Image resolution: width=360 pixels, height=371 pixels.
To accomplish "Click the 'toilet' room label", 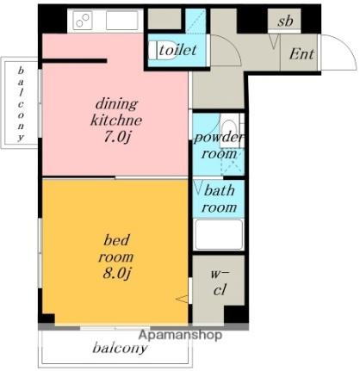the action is pos(177,50).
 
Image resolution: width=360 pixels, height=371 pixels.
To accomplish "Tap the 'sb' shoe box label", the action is pos(285,21).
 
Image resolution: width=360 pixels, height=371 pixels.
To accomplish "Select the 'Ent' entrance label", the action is pos(301,53).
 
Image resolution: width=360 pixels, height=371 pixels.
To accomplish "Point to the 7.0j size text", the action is pos(116,138).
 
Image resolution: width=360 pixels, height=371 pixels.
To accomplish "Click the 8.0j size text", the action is pos(116,274).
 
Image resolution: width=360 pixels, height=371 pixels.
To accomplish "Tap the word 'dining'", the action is pos(116,104).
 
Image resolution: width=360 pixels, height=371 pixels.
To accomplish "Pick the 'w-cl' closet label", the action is pos(220,281).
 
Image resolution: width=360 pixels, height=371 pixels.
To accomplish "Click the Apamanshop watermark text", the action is pos(180,335).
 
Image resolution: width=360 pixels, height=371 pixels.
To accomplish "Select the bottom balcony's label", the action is pos(120,348).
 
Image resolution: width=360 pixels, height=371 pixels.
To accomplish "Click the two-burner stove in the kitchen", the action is pos(83,20).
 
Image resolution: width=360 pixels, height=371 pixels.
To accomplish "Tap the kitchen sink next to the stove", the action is pos(121,21).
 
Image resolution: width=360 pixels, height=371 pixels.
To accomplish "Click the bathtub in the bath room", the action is pos(218,234).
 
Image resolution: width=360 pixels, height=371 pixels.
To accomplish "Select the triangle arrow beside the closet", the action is pos(182,299).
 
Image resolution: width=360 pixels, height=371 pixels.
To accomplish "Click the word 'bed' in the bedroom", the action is pos(116,240).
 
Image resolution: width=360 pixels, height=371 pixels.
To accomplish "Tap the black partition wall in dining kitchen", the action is pos(75,60).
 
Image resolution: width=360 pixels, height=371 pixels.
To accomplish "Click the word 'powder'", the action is pos(219,138).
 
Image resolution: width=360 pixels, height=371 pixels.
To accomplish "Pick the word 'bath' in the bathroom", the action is pos(219,190).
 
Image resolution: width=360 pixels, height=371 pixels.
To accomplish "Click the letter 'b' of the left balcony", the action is pos(21,71).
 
